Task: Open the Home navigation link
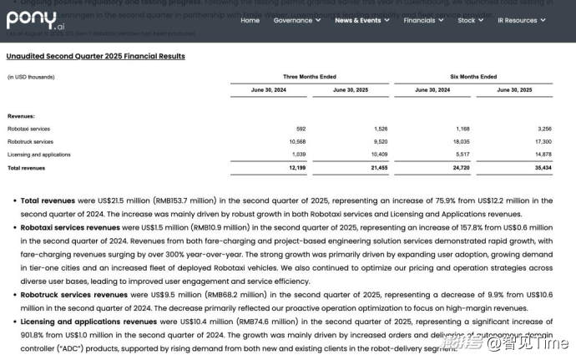pos(250,20)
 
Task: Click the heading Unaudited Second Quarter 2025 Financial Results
pos(96,56)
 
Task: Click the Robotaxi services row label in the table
pos(28,129)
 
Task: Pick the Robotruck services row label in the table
pos(30,142)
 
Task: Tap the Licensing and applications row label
pos(39,155)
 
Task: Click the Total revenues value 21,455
pos(376,168)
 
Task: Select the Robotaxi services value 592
pos(301,129)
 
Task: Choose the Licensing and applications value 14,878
pos(540,155)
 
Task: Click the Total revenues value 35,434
pos(540,168)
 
